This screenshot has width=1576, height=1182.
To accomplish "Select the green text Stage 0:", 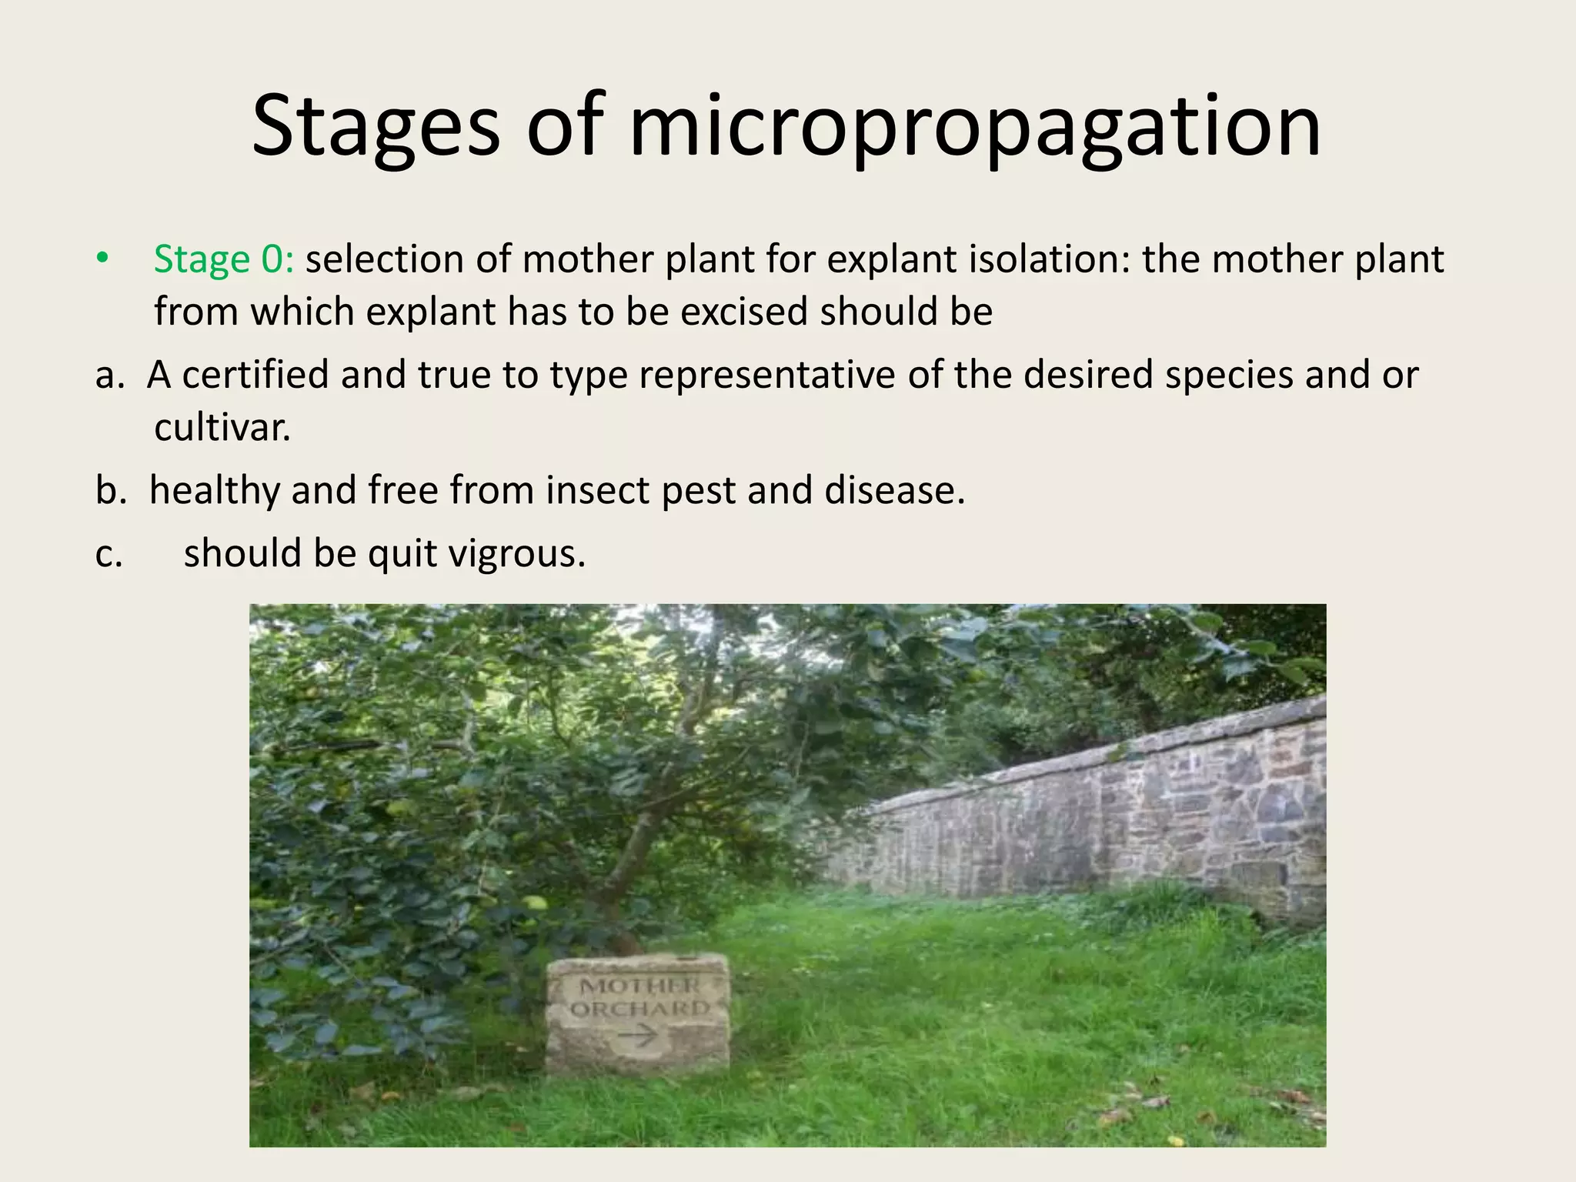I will click(223, 259).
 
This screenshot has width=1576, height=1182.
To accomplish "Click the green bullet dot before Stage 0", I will click(102, 259).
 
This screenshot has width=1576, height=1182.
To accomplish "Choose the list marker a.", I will click(109, 376).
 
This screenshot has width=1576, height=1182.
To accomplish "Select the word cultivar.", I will click(222, 428).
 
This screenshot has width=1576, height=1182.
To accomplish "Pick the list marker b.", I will click(110, 490).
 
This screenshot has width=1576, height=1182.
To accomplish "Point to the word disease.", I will click(894, 490).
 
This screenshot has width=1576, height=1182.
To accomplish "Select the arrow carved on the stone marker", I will click(637, 1037).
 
